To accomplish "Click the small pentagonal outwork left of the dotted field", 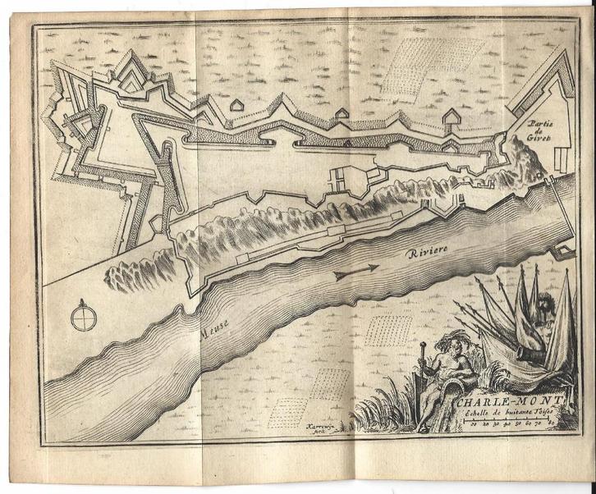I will [x=235, y=107].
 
